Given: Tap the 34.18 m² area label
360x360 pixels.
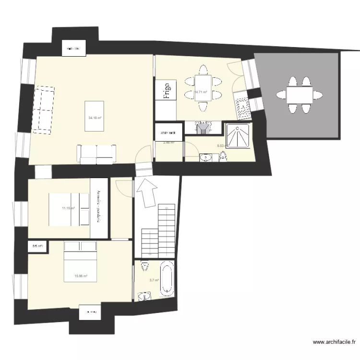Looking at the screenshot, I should click(95, 117).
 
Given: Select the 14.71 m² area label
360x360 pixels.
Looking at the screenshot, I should click(200, 92).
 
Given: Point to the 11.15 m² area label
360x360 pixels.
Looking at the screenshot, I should click(68, 208).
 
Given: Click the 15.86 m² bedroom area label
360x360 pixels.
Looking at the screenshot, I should click(80, 276).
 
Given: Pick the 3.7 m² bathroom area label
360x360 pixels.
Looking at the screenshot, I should click(154, 280).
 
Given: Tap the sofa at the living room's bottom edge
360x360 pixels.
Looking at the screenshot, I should click(97, 153).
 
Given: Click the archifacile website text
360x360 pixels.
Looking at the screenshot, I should click(334, 343).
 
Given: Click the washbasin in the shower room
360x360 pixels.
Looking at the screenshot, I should click(205, 157).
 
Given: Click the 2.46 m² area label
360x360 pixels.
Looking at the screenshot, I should click(168, 143).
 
